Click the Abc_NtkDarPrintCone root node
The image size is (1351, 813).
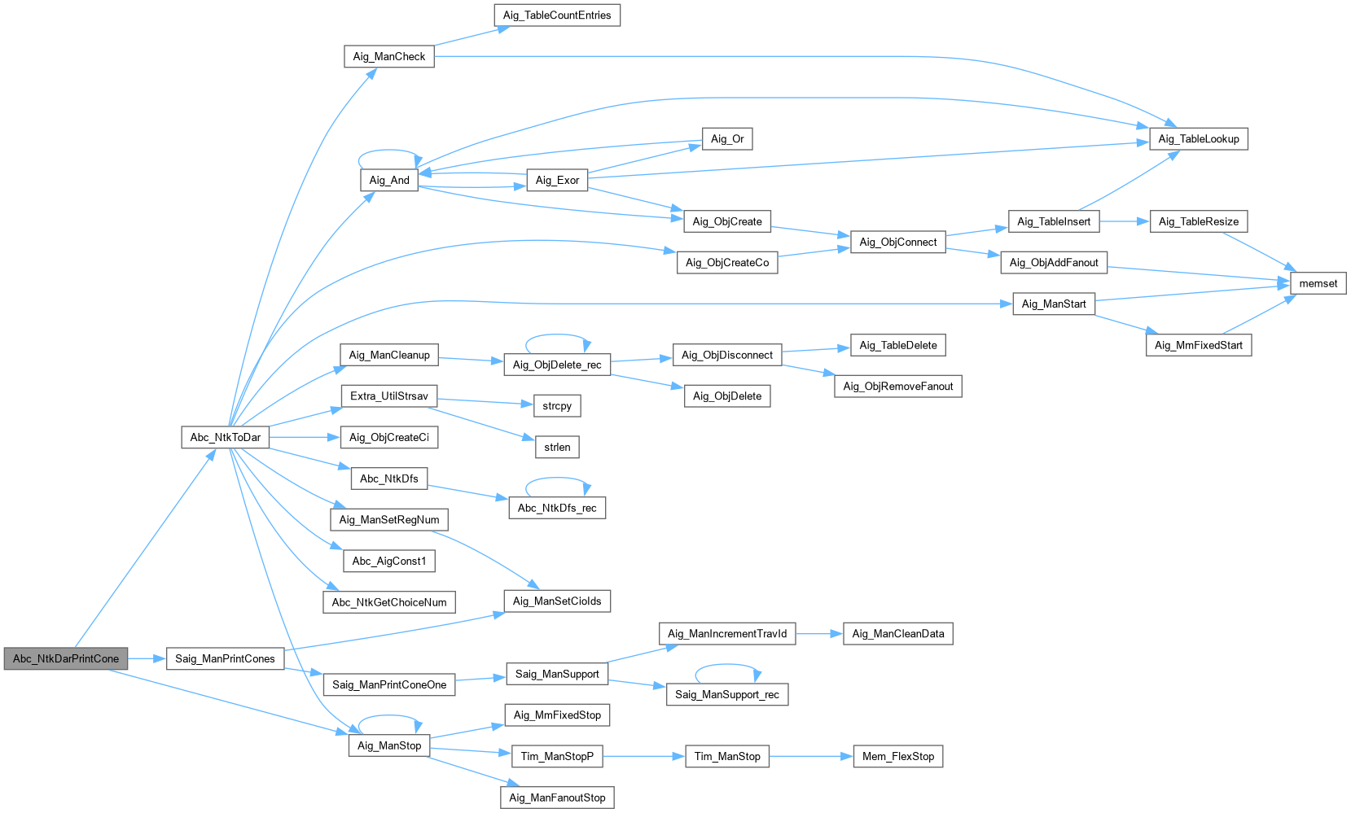pos(65,658)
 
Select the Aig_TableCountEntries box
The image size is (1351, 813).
pos(557,15)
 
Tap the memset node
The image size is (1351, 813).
pos(1318,283)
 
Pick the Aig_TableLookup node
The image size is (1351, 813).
pos(1198,139)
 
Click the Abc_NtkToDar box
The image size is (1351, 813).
pos(225,437)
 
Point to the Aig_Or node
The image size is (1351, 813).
pos(727,139)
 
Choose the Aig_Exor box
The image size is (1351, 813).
pos(557,180)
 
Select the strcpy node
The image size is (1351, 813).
pos(557,405)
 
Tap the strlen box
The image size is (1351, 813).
pos(557,447)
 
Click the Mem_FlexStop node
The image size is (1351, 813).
pos(897,756)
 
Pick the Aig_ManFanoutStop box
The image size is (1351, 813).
pos(557,798)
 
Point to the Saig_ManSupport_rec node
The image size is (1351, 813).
pos(727,694)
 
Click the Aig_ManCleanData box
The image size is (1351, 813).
pos(897,633)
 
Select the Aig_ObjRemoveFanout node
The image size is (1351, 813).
pos(897,386)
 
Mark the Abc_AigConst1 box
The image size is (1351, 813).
pos(389,561)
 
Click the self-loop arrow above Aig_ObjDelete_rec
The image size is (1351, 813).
pos(558,335)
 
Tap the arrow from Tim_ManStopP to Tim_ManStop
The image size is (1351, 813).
pos(643,756)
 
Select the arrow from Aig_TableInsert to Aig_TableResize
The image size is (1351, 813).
pos(1124,221)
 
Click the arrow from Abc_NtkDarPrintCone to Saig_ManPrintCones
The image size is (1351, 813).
pos(147,658)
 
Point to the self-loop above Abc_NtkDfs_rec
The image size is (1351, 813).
pos(557,479)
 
